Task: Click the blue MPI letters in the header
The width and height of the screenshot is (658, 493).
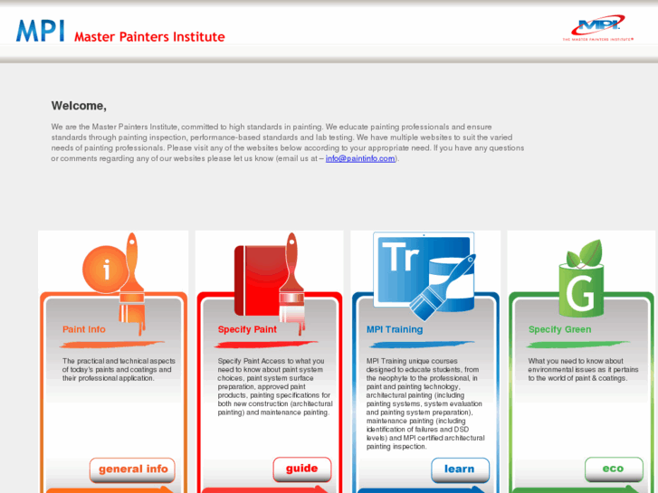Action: pyautogui.click(x=41, y=31)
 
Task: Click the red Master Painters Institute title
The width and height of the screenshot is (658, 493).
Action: pyautogui.click(x=149, y=37)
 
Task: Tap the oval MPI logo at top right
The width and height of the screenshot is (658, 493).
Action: pyautogui.click(x=598, y=28)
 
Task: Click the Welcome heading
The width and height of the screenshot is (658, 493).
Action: pyautogui.click(x=79, y=106)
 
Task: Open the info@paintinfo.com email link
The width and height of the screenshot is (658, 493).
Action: pyautogui.click(x=360, y=158)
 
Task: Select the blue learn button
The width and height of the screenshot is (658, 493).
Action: pyautogui.click(x=460, y=469)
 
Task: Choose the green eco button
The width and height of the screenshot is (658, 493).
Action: pyautogui.click(x=614, y=469)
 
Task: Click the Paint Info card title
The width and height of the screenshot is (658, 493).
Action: pyautogui.click(x=84, y=329)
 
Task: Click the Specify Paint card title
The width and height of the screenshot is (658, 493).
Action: pyautogui.click(x=247, y=329)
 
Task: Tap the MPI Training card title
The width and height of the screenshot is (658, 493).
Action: pyautogui.click(x=395, y=329)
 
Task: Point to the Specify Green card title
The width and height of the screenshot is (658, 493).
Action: pyautogui.click(x=560, y=329)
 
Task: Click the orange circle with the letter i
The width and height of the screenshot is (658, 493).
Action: pyautogui.click(x=105, y=269)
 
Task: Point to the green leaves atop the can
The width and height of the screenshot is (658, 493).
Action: pyautogui.click(x=585, y=254)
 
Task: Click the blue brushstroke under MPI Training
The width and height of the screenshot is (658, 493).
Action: pyautogui.click(x=422, y=345)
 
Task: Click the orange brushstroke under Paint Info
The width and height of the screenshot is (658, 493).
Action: pyautogui.click(x=111, y=345)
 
